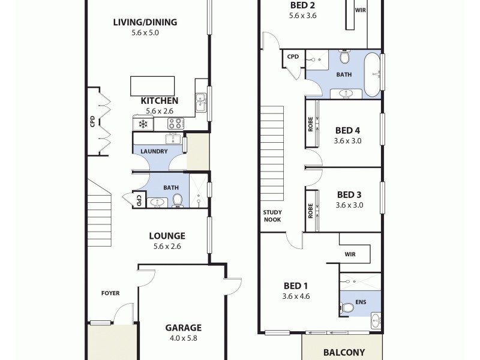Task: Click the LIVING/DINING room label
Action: tap(145, 23)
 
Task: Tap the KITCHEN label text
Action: tap(159, 101)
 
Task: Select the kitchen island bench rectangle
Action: tap(150, 85)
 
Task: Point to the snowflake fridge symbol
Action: tap(143, 124)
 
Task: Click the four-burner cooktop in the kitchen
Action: tap(175, 124)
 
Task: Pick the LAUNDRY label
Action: tap(155, 151)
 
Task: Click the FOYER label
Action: tap(110, 293)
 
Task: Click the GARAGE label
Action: tap(184, 328)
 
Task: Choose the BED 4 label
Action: tap(347, 130)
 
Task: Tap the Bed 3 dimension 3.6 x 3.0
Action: tap(349, 205)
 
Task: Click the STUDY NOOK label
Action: tap(272, 216)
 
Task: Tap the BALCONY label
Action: tap(344, 353)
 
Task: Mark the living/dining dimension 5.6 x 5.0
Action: tap(145, 33)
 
